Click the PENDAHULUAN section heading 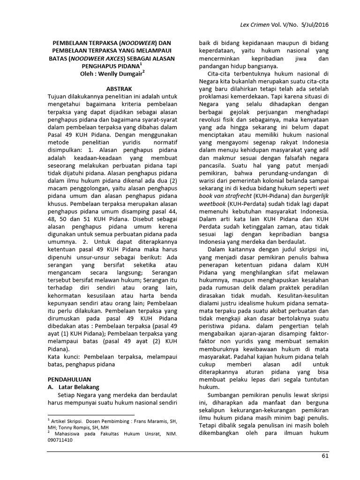pos(71,378)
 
